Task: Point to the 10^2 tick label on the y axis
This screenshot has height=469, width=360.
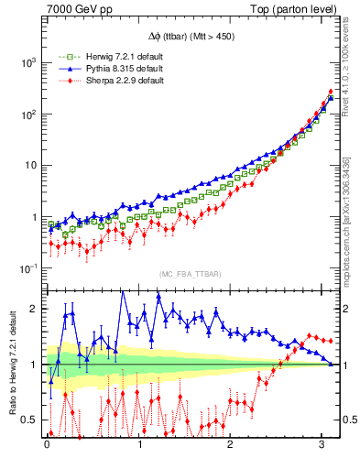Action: click(x=29, y=114)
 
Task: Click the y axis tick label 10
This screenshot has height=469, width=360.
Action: click(x=32, y=166)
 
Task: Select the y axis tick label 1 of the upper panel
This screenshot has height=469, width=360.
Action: click(x=36, y=217)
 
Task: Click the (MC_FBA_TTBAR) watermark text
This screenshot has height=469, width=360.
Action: click(x=191, y=275)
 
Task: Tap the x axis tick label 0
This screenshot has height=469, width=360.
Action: click(x=47, y=449)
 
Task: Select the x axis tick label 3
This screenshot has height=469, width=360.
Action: click(x=324, y=449)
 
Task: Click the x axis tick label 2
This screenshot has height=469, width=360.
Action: click(x=232, y=449)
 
